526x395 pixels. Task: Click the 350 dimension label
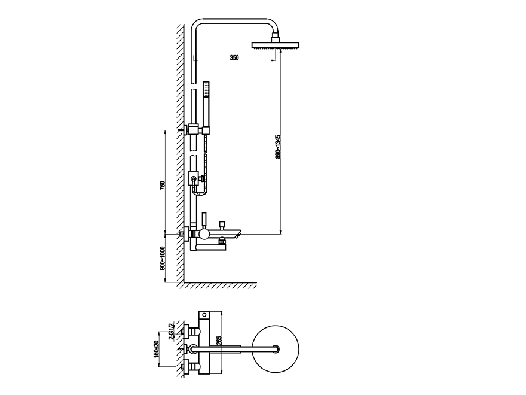point(234,57)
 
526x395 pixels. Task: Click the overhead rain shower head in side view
point(278,45)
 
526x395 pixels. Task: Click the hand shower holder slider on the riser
point(194,178)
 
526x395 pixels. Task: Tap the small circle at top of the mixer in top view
point(203,314)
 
